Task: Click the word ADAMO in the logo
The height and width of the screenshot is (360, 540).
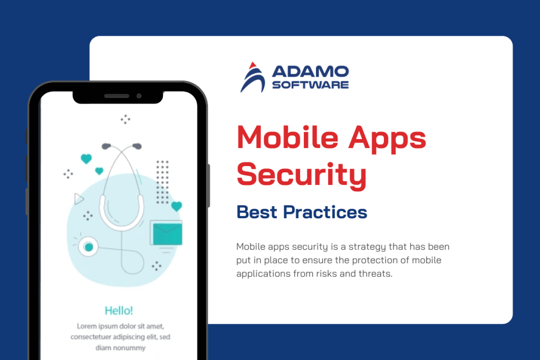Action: pyautogui.click(x=310, y=71)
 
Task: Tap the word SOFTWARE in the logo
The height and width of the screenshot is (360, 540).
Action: pyautogui.click(x=310, y=84)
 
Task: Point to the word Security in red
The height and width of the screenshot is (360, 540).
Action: pyautogui.click(x=301, y=174)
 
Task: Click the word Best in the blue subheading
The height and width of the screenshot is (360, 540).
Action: pyautogui.click(x=257, y=212)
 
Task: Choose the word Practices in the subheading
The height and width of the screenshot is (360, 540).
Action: pyautogui.click(x=325, y=212)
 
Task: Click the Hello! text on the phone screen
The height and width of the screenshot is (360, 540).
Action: pyautogui.click(x=118, y=310)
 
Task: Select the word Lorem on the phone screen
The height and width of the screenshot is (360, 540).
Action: pyautogui.click(x=87, y=326)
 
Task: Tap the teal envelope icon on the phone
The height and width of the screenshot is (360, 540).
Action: pyautogui.click(x=166, y=232)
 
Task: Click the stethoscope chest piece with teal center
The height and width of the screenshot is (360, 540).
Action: pyautogui.click(x=88, y=246)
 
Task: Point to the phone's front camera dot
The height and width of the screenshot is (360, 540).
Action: pyautogui.click(x=139, y=96)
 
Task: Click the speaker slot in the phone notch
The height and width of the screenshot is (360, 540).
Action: pyautogui.click(x=117, y=96)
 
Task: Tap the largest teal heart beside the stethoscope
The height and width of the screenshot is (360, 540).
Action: pyautogui.click(x=86, y=159)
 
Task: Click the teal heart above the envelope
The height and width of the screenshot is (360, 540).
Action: pyautogui.click(x=176, y=206)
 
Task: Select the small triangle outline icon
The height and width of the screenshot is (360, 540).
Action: pyautogui.click(x=79, y=199)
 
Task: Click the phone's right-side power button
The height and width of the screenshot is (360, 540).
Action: pyautogui.click(x=208, y=184)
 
